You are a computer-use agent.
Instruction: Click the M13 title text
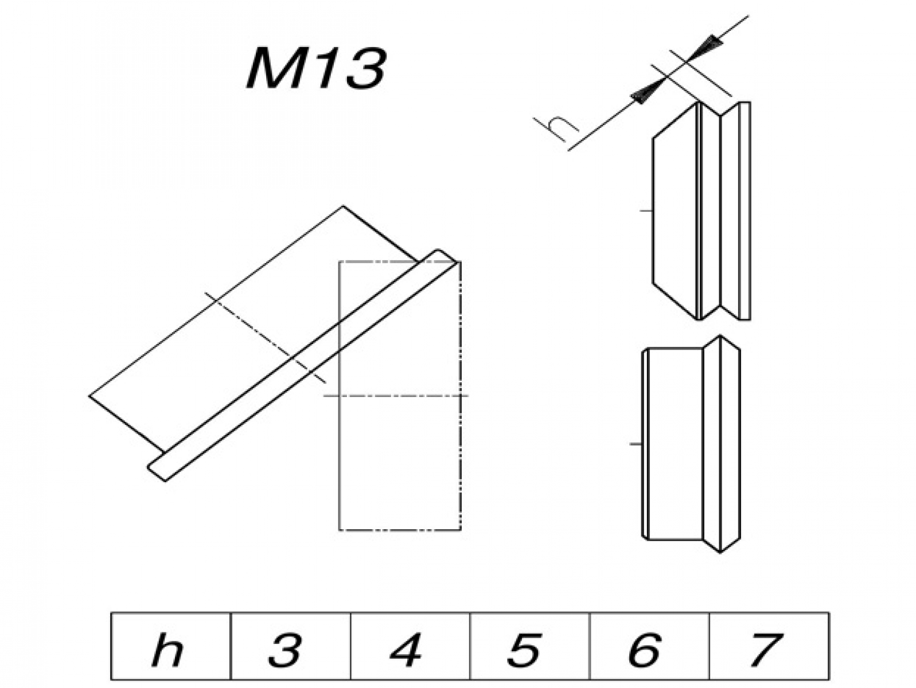click(x=315, y=69)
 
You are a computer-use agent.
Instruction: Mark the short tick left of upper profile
click(x=646, y=211)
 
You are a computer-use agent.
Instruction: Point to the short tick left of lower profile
click(x=635, y=444)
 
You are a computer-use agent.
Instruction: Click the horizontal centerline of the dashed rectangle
click(x=396, y=396)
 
